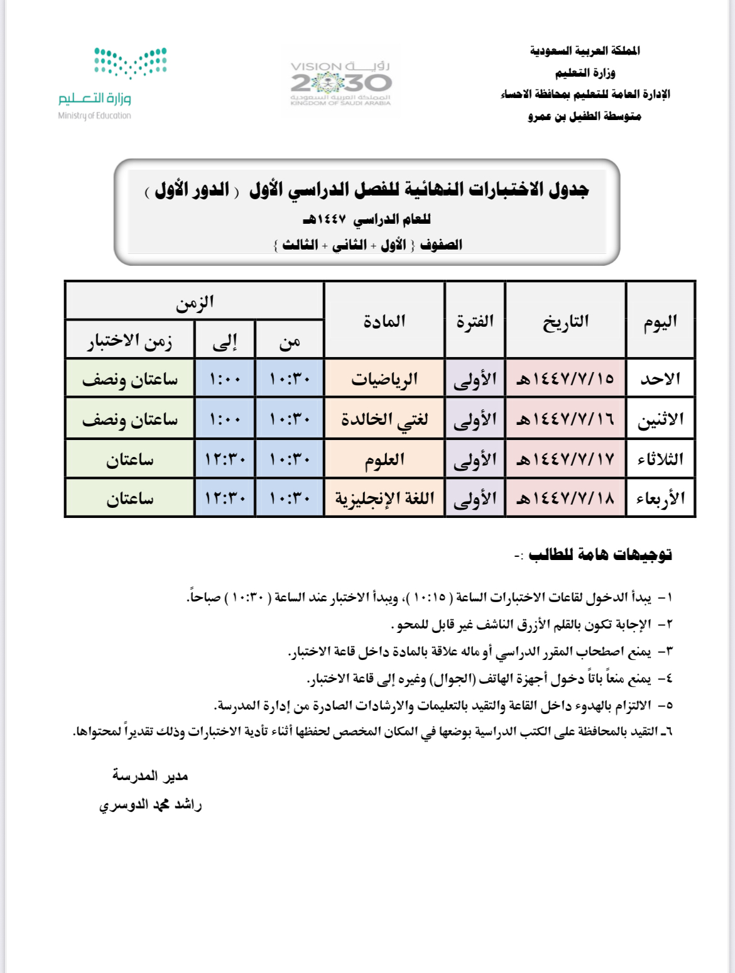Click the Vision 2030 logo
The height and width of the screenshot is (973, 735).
(341, 83)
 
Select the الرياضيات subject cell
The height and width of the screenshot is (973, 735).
(384, 379)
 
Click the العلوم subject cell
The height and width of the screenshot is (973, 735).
(384, 459)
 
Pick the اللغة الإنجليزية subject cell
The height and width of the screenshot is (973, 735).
(384, 498)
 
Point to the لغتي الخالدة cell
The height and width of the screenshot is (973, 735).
(384, 419)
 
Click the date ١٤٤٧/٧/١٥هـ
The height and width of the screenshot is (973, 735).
(565, 379)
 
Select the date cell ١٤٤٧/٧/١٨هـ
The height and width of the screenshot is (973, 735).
(565, 498)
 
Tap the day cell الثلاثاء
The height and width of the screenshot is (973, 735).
(660, 459)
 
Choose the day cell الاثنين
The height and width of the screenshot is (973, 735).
(660, 419)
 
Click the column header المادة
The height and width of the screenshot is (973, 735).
(384, 321)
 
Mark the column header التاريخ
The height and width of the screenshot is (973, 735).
(565, 321)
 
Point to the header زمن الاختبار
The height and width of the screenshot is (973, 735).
(129, 341)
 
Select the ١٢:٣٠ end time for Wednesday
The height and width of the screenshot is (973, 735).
(225, 498)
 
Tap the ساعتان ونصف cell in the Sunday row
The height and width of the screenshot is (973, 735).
(129, 379)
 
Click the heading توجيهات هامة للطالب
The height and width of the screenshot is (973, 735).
(600, 554)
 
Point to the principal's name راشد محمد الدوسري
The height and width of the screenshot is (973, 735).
(151, 805)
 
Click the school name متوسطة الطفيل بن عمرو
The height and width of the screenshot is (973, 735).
(584, 116)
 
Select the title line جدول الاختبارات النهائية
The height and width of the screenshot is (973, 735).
(367, 189)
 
